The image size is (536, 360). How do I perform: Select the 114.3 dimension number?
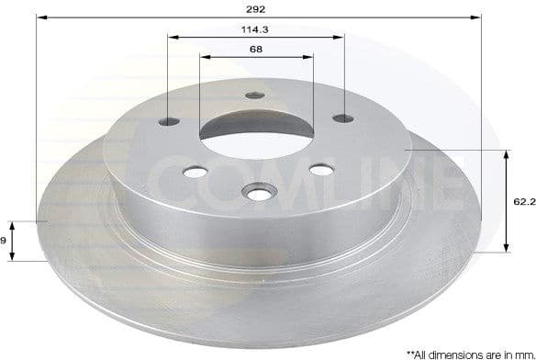pos(256,29)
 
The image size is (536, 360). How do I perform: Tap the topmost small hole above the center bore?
pos(255,96)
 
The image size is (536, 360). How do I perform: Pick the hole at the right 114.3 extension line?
pos(343,118)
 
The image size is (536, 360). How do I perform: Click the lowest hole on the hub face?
pos(257,191)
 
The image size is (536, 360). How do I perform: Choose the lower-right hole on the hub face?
pos(320,169)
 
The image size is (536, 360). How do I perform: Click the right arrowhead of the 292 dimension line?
pos(476,16)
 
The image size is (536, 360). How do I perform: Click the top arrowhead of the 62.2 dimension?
pos(507,154)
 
